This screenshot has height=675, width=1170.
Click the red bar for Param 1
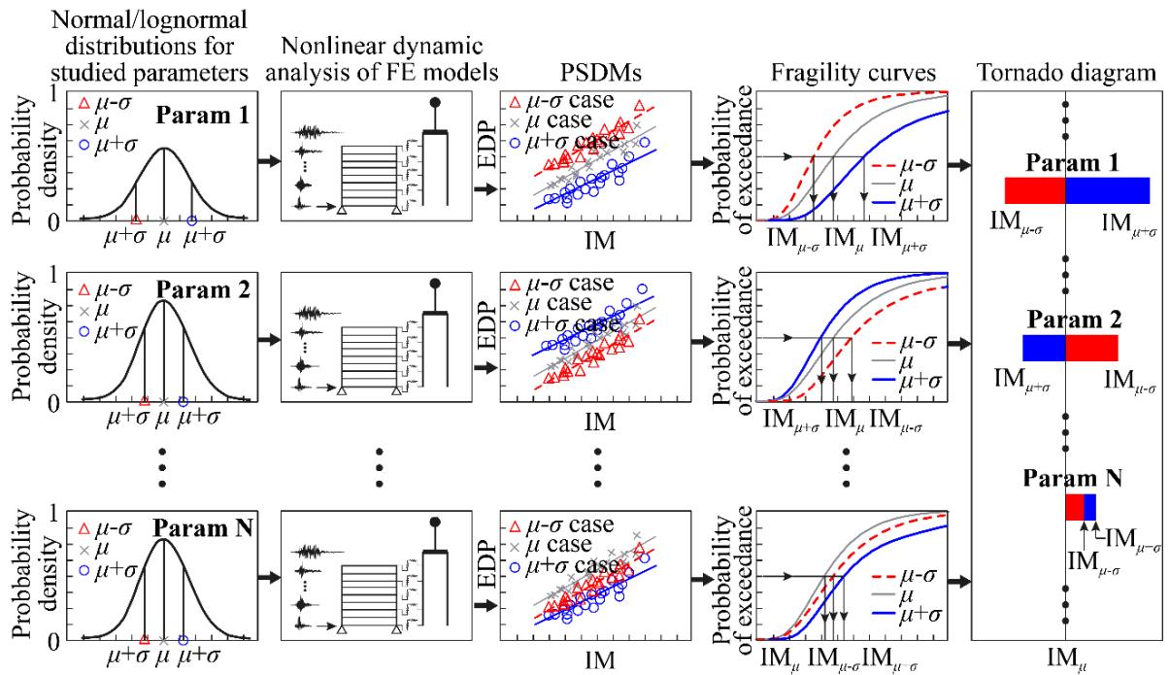(x=1035, y=190)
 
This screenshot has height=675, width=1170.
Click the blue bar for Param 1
(x=1108, y=190)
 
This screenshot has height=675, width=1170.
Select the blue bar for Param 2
(x=1044, y=348)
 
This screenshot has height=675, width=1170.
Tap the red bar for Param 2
(x=1091, y=348)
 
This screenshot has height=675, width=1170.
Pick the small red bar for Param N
(x=1074, y=507)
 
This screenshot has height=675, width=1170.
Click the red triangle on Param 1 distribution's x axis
(x=135, y=220)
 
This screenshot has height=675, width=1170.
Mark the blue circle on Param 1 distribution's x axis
(x=191, y=220)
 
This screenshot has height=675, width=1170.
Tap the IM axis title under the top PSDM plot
(x=597, y=239)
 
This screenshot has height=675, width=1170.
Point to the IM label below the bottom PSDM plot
(x=597, y=660)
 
